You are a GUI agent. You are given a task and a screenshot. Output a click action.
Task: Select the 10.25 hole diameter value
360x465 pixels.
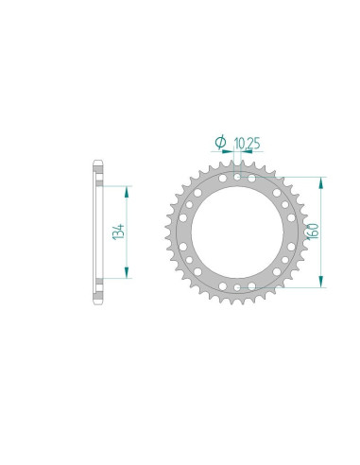click(248, 143)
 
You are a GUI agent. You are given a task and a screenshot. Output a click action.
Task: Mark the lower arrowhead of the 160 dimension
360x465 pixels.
click(322, 281)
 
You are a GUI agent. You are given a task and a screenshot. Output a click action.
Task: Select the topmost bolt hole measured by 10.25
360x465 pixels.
click(233, 174)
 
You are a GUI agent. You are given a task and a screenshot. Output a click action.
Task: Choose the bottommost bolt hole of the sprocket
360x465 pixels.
click(233, 287)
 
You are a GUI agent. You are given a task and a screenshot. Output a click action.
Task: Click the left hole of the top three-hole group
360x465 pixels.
click(222, 175)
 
